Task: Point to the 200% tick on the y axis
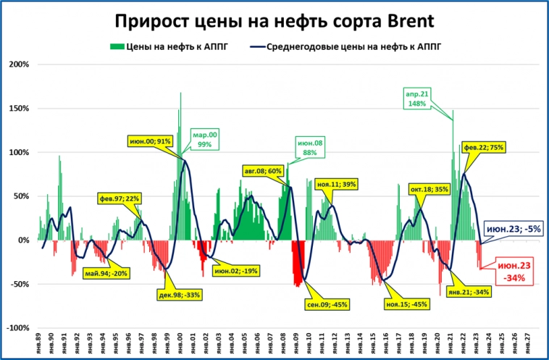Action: tap(18, 64)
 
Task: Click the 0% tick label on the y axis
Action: tap(22, 240)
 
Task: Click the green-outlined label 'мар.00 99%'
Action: tap(204, 139)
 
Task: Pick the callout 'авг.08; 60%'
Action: tap(264, 171)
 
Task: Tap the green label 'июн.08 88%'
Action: tap(309, 148)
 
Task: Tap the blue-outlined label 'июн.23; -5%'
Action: tap(514, 229)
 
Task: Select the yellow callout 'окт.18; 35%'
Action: tap(429, 188)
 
